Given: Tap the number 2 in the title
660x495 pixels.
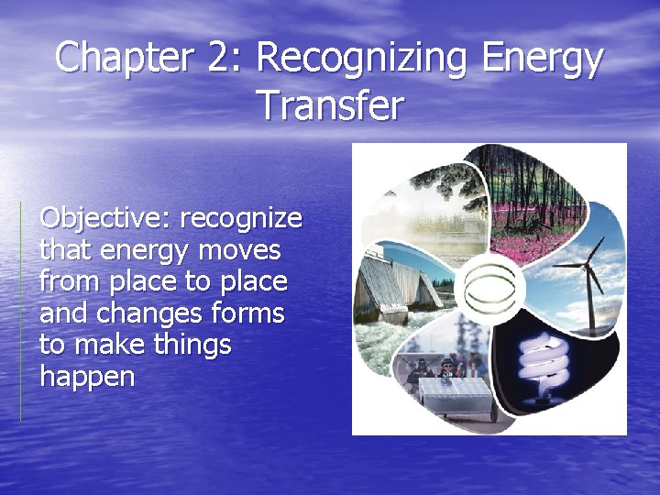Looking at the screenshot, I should click(220, 60).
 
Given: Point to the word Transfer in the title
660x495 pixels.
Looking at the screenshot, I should click(329, 105).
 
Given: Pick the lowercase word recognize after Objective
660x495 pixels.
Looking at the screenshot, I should click(241, 220).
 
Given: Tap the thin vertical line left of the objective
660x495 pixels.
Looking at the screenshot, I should click(20, 312).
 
